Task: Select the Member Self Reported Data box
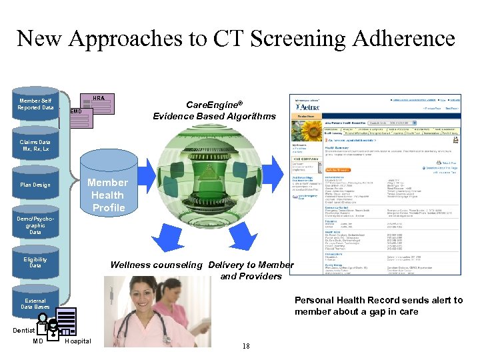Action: [x=37, y=104]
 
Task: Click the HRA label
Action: [x=98, y=98]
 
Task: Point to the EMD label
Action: [x=76, y=111]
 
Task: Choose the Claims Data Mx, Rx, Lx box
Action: [x=35, y=145]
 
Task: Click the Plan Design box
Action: [x=35, y=185]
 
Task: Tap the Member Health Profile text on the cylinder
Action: [x=108, y=195]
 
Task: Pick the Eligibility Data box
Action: [x=35, y=263]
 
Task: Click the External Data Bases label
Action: [x=35, y=303]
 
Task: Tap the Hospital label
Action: [x=78, y=341]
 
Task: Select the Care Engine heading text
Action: [x=213, y=111]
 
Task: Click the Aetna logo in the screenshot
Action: [x=309, y=107]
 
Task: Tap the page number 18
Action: [x=246, y=346]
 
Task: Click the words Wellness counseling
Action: [x=156, y=265]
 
